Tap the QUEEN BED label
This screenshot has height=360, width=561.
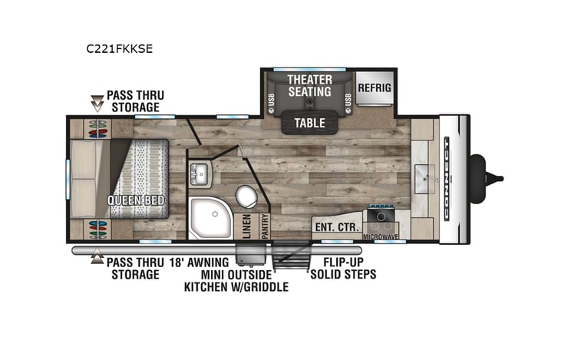click(x=136, y=202)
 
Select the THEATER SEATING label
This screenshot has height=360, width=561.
click(x=309, y=86)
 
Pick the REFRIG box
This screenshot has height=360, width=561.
click(x=374, y=88)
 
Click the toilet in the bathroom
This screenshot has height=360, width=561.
click(x=246, y=197)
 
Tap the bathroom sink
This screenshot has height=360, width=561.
click(x=200, y=173)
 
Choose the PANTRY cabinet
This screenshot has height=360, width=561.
click(x=263, y=226)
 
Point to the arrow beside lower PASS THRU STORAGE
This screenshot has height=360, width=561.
click(x=97, y=259)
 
